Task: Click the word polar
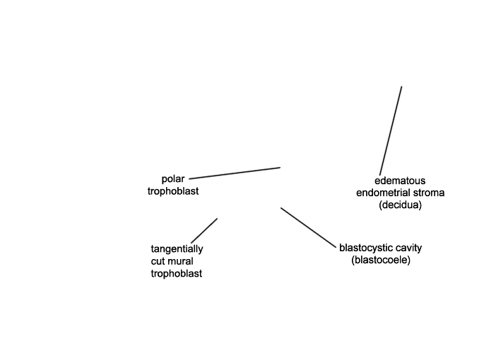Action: pyautogui.click(x=172, y=179)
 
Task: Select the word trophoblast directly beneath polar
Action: pyautogui.click(x=173, y=191)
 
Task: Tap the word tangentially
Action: pyautogui.click(x=177, y=249)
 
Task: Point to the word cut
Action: pyautogui.click(x=158, y=261)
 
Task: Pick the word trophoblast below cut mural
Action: pyautogui.click(x=177, y=273)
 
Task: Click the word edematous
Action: pyautogui.click(x=400, y=181)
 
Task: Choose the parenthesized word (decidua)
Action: pyautogui.click(x=400, y=205)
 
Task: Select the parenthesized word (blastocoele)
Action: pyautogui.click(x=381, y=260)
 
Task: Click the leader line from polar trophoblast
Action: pyautogui.click(x=235, y=173)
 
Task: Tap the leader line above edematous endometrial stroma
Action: pyautogui.click(x=391, y=131)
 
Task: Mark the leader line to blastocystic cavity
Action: pyautogui.click(x=308, y=227)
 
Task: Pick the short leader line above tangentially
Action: pyautogui.click(x=204, y=231)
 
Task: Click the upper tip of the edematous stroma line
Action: pyautogui.click(x=401, y=87)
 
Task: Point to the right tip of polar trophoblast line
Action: pyautogui.click(x=280, y=167)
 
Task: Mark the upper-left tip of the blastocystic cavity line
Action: pyautogui.click(x=281, y=208)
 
